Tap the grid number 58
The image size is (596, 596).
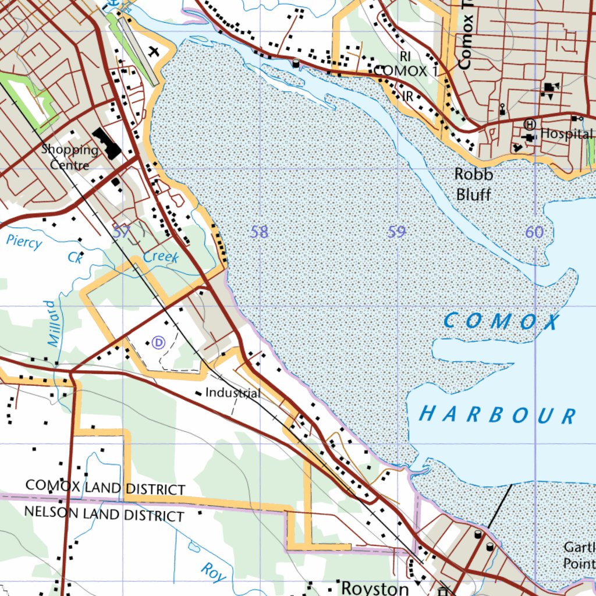coord(259,232)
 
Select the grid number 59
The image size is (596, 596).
coord(396,232)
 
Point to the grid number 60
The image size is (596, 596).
coord(534,232)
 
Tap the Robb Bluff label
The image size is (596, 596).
coord(473,184)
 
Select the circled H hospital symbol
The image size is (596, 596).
coord(530,124)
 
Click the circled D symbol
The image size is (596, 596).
coord(158,342)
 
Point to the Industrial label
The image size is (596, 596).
coord(233,393)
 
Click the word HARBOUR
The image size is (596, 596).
coord(498,415)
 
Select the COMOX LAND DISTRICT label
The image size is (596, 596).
coord(105,487)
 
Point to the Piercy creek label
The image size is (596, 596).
coord(24,241)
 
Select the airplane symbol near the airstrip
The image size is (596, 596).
coord(154,51)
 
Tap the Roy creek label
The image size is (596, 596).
coord(213,572)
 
